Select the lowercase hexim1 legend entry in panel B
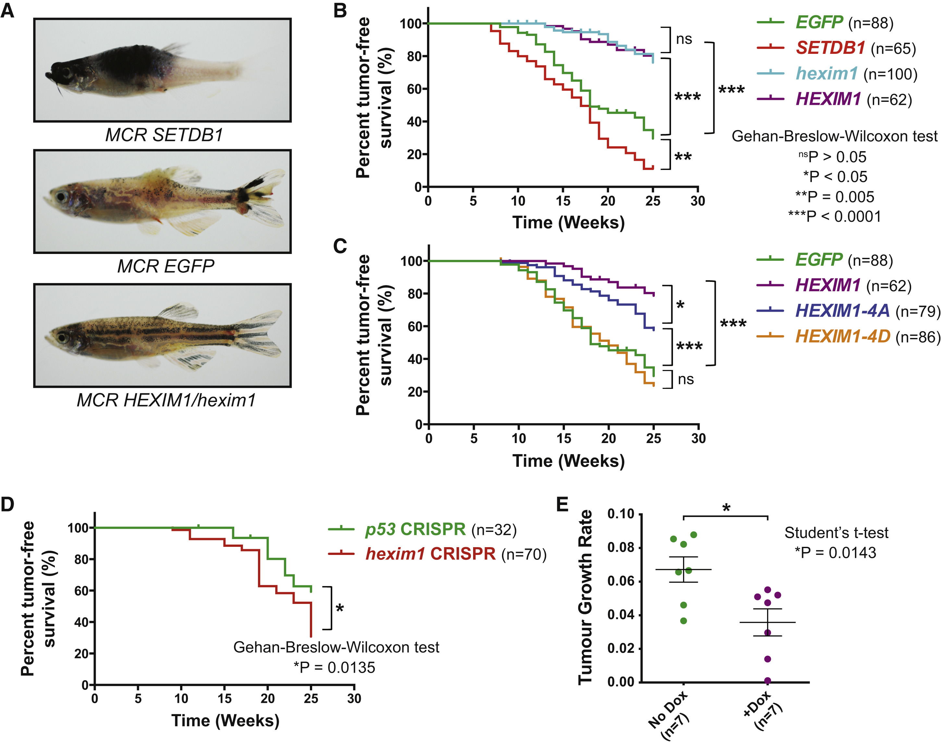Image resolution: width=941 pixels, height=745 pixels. point(827,73)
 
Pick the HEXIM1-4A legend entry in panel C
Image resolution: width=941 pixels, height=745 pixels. point(842,311)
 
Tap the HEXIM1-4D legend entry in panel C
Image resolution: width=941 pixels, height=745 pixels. point(842,336)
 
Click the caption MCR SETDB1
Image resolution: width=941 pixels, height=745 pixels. point(164,135)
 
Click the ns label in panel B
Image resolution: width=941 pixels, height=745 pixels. point(684,39)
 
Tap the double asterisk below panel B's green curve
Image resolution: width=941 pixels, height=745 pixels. point(683,157)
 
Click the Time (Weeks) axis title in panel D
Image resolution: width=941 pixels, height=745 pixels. point(225,720)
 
